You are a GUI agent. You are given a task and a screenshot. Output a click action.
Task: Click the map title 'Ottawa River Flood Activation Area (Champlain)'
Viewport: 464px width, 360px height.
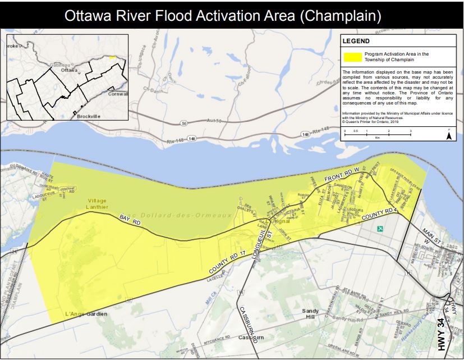click(232, 15)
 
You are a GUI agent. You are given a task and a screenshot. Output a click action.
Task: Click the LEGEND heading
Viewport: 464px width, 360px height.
click(356, 41)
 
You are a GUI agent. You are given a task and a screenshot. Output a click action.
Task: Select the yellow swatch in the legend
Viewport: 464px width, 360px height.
click(352, 57)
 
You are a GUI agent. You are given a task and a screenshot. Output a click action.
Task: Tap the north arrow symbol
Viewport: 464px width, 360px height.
click(449, 135)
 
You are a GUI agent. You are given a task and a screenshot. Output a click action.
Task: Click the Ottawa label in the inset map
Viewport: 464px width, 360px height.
click(69, 70)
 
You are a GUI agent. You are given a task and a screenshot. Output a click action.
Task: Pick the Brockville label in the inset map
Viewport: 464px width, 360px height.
click(86, 115)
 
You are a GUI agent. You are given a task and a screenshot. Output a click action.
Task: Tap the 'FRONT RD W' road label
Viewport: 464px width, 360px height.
click(341, 177)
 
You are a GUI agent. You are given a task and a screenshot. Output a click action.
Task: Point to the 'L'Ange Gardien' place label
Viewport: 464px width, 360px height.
click(86, 313)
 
